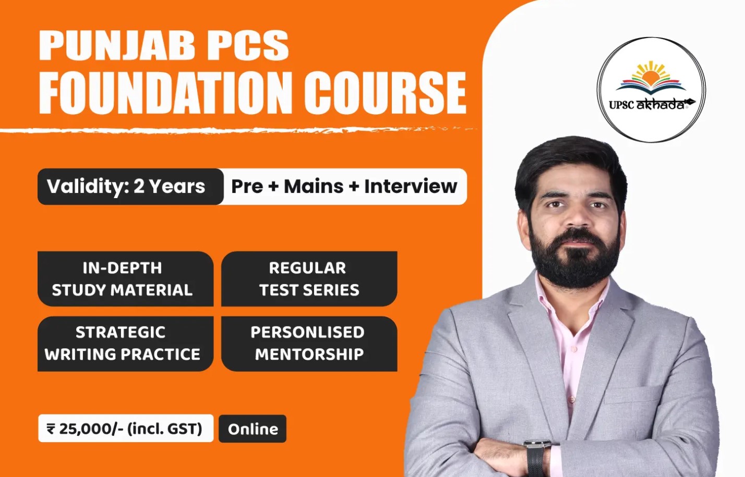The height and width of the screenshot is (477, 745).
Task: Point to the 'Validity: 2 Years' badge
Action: [130, 187]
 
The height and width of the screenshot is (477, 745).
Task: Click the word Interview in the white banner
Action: [411, 186]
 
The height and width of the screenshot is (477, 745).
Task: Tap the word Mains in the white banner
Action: [314, 186]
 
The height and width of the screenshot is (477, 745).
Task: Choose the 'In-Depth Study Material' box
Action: [125, 278]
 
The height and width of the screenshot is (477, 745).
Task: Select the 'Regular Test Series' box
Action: [309, 278]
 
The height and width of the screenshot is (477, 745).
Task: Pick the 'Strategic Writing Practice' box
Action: [125, 344]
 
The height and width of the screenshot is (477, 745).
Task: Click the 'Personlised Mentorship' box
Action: [309, 344]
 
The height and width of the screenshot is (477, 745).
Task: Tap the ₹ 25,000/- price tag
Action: [126, 428]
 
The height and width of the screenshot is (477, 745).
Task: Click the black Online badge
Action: [253, 429]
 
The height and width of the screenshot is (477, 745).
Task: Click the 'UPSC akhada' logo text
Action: [651, 105]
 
